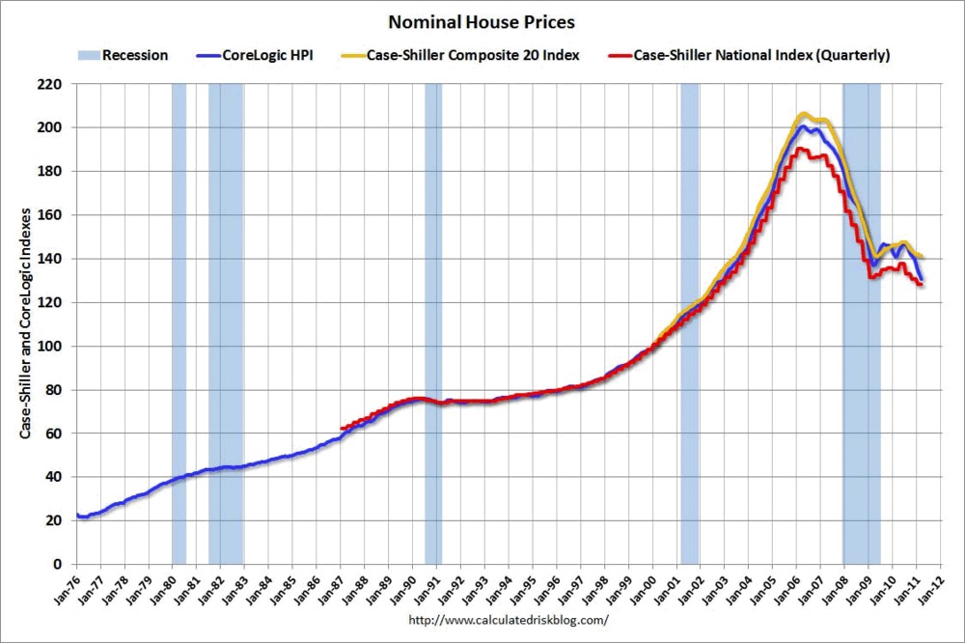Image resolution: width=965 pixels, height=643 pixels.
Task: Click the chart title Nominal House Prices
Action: [x=482, y=20]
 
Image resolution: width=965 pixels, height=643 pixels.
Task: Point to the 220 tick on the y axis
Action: [x=50, y=84]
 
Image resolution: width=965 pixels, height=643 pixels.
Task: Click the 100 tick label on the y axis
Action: [x=50, y=346]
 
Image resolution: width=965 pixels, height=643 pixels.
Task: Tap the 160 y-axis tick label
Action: [x=50, y=215]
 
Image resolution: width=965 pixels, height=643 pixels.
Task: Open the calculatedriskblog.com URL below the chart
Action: [x=509, y=619]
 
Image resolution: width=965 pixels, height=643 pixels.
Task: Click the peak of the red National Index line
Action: [x=800, y=149]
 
